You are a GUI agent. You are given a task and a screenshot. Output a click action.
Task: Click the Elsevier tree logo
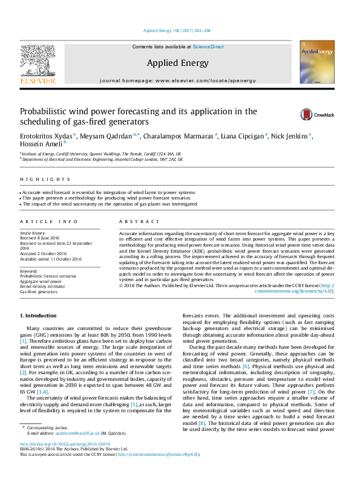[38, 62]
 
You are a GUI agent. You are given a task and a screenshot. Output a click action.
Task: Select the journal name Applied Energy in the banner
[178, 63]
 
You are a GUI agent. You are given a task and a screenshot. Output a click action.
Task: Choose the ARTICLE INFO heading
[49, 222]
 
